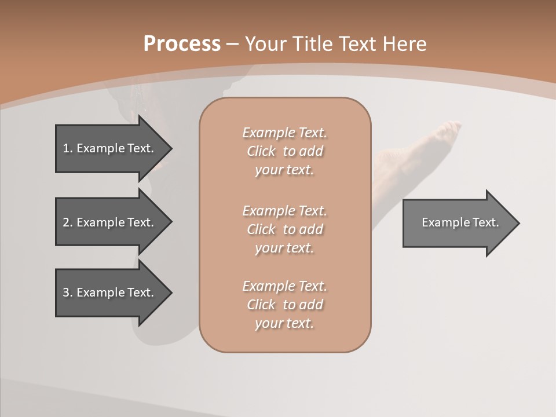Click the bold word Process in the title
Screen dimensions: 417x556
tap(182, 44)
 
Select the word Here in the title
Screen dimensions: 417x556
tap(403, 44)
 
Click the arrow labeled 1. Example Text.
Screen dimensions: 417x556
tap(110, 148)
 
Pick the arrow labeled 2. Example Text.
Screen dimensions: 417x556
tap(110, 222)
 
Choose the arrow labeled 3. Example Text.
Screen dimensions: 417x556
tap(110, 292)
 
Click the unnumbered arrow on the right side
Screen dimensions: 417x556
tap(458, 223)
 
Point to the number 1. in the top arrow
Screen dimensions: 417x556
tap(68, 148)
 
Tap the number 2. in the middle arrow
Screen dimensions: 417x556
tap(68, 222)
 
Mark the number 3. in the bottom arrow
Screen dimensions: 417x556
tap(68, 292)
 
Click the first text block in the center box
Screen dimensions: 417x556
tap(284, 151)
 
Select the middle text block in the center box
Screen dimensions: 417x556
tap(284, 229)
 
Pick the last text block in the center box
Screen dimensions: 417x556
tap(284, 305)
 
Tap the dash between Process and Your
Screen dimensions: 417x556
tap(233, 44)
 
